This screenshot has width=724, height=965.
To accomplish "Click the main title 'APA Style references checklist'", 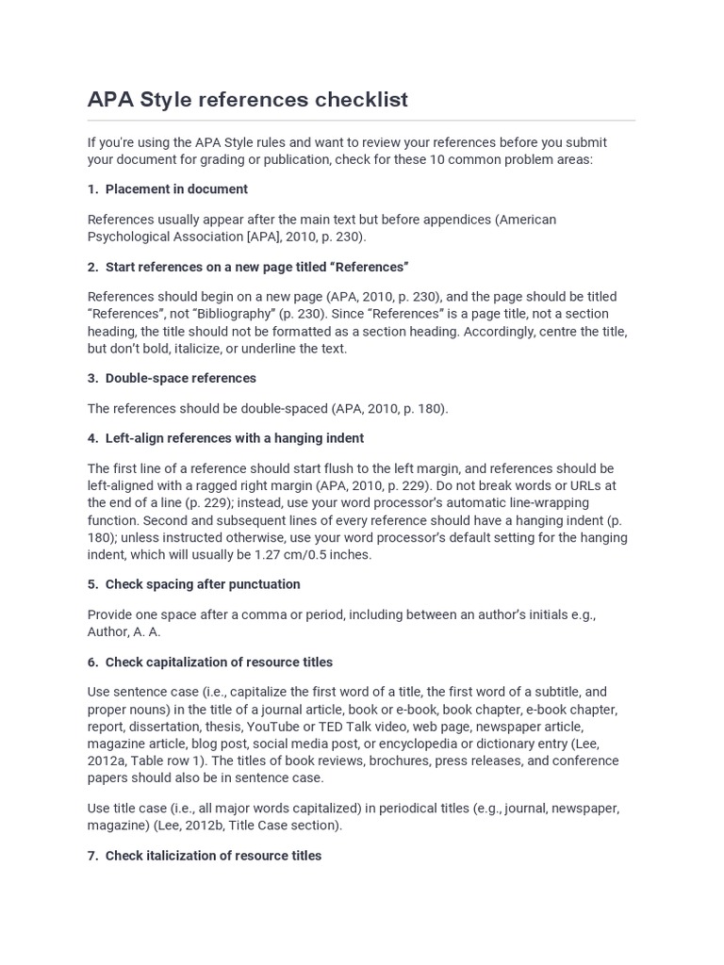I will pos(248,99).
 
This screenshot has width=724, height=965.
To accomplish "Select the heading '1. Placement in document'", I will pos(168,189).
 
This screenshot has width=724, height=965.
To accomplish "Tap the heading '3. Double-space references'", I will pos(172,378).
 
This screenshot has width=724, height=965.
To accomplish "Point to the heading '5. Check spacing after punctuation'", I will pos(193,584).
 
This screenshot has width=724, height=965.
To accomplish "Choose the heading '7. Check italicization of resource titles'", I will pos(205,856).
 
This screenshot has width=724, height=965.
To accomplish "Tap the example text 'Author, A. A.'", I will pos(124,632).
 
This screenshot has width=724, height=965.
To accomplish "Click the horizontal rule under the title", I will pos(361,121).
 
